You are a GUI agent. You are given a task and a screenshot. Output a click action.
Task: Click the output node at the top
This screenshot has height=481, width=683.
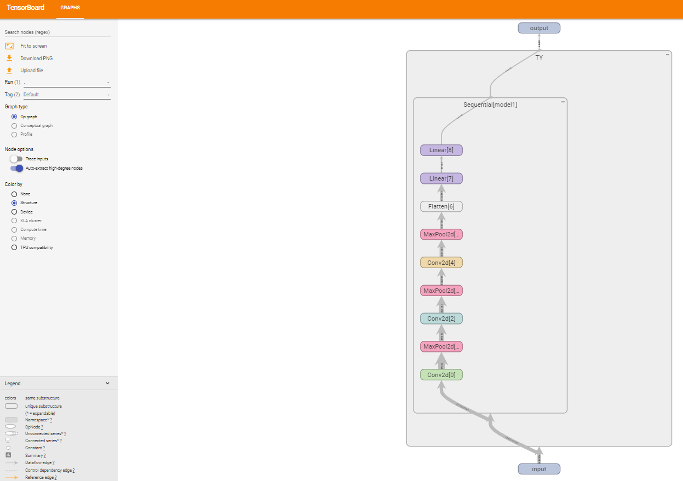pos(539,28)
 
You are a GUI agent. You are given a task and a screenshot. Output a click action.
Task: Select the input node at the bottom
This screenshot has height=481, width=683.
pos(539,469)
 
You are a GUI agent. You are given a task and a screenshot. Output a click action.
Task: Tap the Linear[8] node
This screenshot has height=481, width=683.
pos(441,150)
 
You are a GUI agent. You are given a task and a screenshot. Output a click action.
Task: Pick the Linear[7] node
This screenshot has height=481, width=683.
pos(441,178)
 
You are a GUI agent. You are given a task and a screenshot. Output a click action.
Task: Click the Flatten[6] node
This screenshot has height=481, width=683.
pos(441,206)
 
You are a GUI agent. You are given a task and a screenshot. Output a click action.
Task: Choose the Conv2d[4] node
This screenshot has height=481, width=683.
pos(441,263)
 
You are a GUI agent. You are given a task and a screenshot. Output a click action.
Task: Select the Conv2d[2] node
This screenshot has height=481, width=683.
pos(441,318)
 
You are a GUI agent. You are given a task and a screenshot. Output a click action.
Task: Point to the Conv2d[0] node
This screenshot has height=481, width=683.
pos(441,375)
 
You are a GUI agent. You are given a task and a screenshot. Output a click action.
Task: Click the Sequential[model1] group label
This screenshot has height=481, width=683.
pos(490,105)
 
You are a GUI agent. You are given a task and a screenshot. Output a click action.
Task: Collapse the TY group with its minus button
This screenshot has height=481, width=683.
pos(668,55)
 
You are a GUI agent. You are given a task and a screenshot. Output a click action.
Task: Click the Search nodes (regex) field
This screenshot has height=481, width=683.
pos(58,32)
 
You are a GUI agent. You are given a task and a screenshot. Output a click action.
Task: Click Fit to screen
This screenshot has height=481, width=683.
pos(33,46)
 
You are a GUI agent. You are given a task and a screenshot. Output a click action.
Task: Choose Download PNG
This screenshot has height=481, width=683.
pos(36,58)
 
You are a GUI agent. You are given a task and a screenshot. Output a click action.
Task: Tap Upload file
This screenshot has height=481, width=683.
pos(32,71)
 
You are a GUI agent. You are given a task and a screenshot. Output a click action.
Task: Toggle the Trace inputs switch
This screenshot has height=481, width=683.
pos(17,159)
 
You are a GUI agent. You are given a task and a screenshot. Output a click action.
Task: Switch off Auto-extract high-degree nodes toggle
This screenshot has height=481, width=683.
pos(17,168)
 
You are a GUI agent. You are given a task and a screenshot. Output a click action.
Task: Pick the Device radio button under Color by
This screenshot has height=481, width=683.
pos(14,212)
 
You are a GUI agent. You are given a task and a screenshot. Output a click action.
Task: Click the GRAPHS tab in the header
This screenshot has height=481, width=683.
pos(70,8)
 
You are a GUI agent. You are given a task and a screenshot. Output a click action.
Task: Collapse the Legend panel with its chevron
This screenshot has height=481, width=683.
pos(107,384)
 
